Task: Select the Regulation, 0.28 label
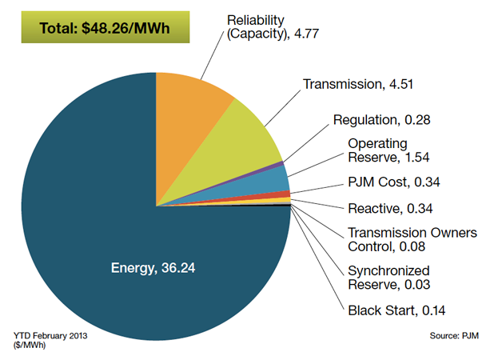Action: click(x=380, y=120)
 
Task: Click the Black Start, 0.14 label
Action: click(x=391, y=310)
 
